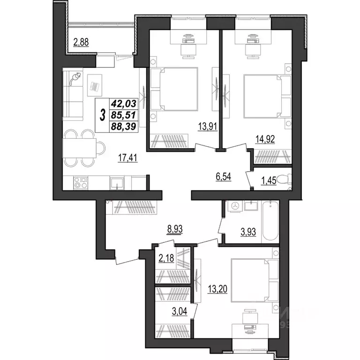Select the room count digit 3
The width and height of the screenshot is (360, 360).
[x=102, y=114]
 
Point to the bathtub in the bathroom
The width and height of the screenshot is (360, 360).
[x=270, y=220]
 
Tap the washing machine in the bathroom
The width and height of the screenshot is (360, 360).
[x=234, y=206]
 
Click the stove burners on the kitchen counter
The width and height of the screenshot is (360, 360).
[x=81, y=181]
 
